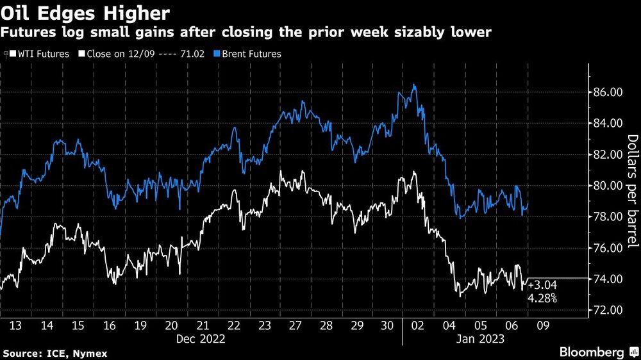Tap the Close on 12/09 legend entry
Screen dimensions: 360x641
click(x=141, y=54)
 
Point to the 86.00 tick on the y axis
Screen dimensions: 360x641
click(x=605, y=92)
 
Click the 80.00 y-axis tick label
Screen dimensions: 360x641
click(x=605, y=186)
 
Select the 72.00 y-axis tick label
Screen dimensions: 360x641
click(x=605, y=310)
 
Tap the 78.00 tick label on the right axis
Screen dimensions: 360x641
click(x=605, y=217)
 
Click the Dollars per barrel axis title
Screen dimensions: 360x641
click(x=632, y=192)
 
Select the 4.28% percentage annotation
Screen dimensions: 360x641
click(x=542, y=298)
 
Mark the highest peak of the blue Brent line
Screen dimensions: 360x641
click(x=415, y=85)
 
